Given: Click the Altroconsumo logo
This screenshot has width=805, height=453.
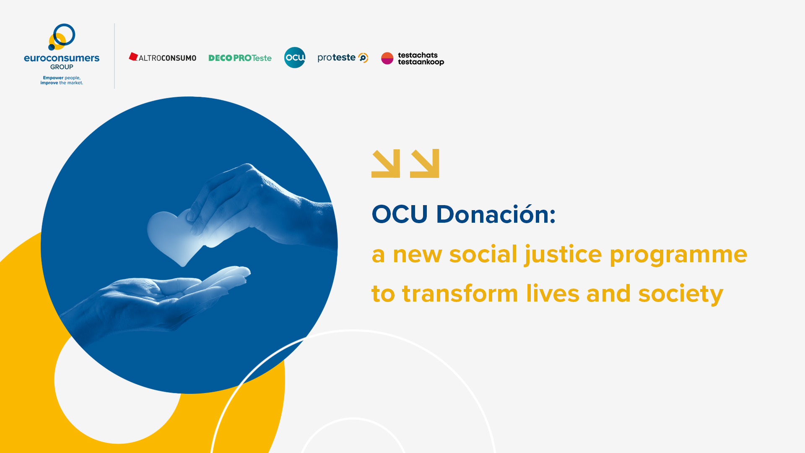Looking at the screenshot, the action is pos(163,57).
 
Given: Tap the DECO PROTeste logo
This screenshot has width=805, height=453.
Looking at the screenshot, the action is pos(240,58).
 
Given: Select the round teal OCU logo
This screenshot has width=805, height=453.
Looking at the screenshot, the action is pos(295,57).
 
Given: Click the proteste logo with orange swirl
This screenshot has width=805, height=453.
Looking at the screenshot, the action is pos(343,57).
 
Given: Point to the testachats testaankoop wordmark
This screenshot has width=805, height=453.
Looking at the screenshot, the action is pos(421,59).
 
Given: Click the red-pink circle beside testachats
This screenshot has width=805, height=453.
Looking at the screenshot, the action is pos(387,58).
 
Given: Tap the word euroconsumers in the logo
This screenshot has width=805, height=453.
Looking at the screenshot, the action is pos(62,58).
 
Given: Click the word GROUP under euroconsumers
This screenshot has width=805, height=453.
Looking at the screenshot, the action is pos(62,67).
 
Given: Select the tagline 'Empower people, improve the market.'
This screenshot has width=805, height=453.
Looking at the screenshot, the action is pos(62,80).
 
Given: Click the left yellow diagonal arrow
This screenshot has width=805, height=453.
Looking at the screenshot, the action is pos(386,164).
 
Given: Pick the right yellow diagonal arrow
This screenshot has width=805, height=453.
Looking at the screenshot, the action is pos(425,164).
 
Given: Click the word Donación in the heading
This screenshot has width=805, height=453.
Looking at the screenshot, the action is pos(496,214).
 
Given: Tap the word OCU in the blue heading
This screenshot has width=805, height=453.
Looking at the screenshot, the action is pos(400,214).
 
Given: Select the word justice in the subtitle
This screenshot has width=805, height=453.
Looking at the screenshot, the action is pos(563,255).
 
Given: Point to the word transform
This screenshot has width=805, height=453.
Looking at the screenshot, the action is pos(460,294).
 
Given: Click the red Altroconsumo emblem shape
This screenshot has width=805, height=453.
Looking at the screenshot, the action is pos(133,57).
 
